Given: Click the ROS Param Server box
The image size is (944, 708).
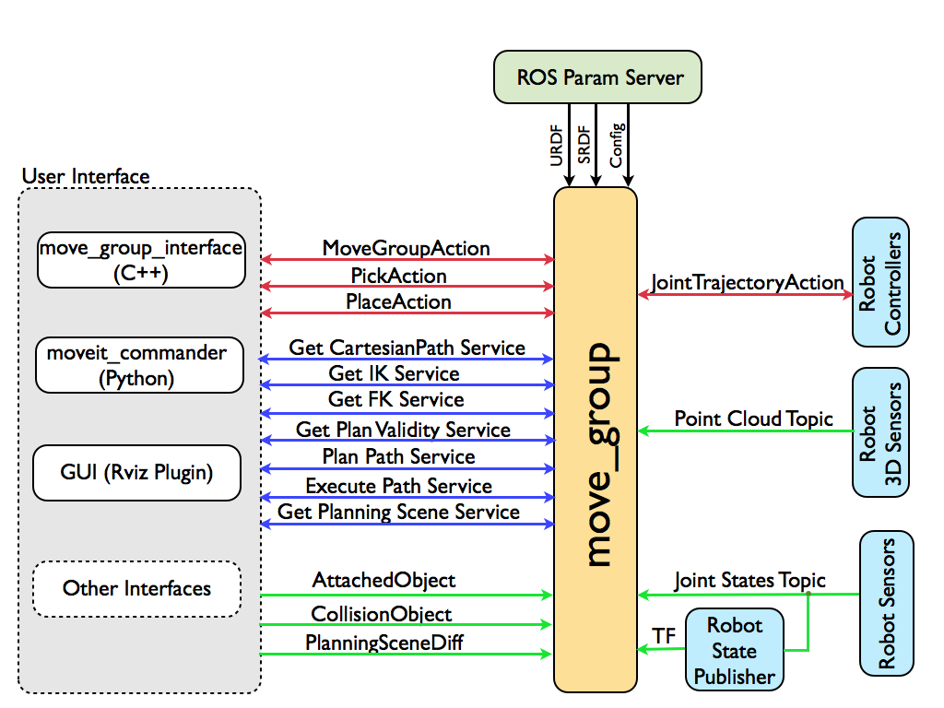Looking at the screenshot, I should [596, 77].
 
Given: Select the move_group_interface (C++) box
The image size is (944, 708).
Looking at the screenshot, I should [141, 259].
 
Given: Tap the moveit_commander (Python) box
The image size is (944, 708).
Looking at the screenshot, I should [139, 364].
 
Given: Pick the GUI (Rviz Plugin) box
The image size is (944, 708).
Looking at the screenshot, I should [136, 473].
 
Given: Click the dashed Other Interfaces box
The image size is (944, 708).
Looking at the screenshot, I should [136, 588].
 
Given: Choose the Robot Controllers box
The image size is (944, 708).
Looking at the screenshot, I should [880, 283].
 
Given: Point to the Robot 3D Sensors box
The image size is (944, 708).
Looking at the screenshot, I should [880, 432].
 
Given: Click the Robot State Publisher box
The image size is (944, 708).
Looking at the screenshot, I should [735, 651].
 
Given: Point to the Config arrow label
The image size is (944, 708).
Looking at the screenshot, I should [617, 144].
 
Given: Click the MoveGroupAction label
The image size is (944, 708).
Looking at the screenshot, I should [407, 248].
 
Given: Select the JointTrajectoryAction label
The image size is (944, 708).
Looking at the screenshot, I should [748, 283].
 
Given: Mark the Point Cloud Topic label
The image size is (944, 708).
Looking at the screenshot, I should [753, 419].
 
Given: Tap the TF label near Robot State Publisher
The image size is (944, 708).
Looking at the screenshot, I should [664, 635].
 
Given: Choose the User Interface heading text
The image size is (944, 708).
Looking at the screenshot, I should [86, 176].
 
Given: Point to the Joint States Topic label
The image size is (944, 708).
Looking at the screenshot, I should [749, 581].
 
